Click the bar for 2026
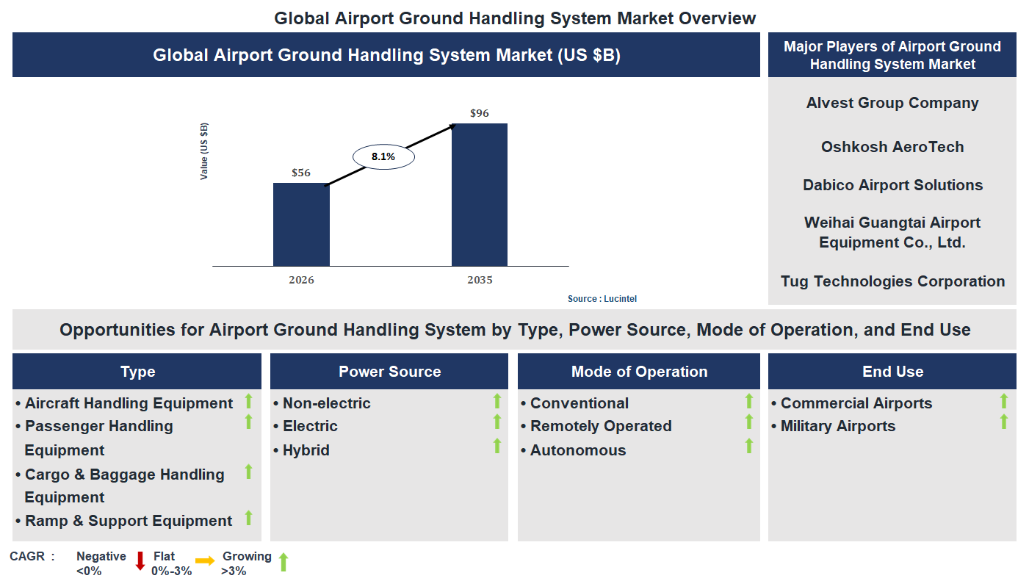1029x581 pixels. coord(301,224)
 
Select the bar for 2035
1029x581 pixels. coord(479,195)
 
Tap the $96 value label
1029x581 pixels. coord(479,113)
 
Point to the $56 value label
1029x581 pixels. coord(301,173)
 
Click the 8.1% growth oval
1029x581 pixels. coord(383,156)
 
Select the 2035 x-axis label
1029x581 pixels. coord(480,280)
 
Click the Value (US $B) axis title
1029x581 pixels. coord(204,151)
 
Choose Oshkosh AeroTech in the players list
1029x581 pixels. coord(892,147)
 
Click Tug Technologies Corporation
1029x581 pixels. coord(892,281)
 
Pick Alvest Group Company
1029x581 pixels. coord(892,103)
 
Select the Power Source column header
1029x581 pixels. coord(389,372)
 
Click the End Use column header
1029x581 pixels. coord(892,372)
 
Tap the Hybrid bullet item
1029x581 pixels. coord(306,450)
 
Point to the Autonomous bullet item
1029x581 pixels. coord(577,450)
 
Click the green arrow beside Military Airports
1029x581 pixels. coord(1003,422)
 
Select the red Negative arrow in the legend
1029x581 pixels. coord(140,561)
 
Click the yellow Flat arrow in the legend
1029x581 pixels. coord(205,561)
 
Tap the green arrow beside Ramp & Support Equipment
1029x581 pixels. coord(248,518)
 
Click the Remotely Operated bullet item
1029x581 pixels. coord(600,426)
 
